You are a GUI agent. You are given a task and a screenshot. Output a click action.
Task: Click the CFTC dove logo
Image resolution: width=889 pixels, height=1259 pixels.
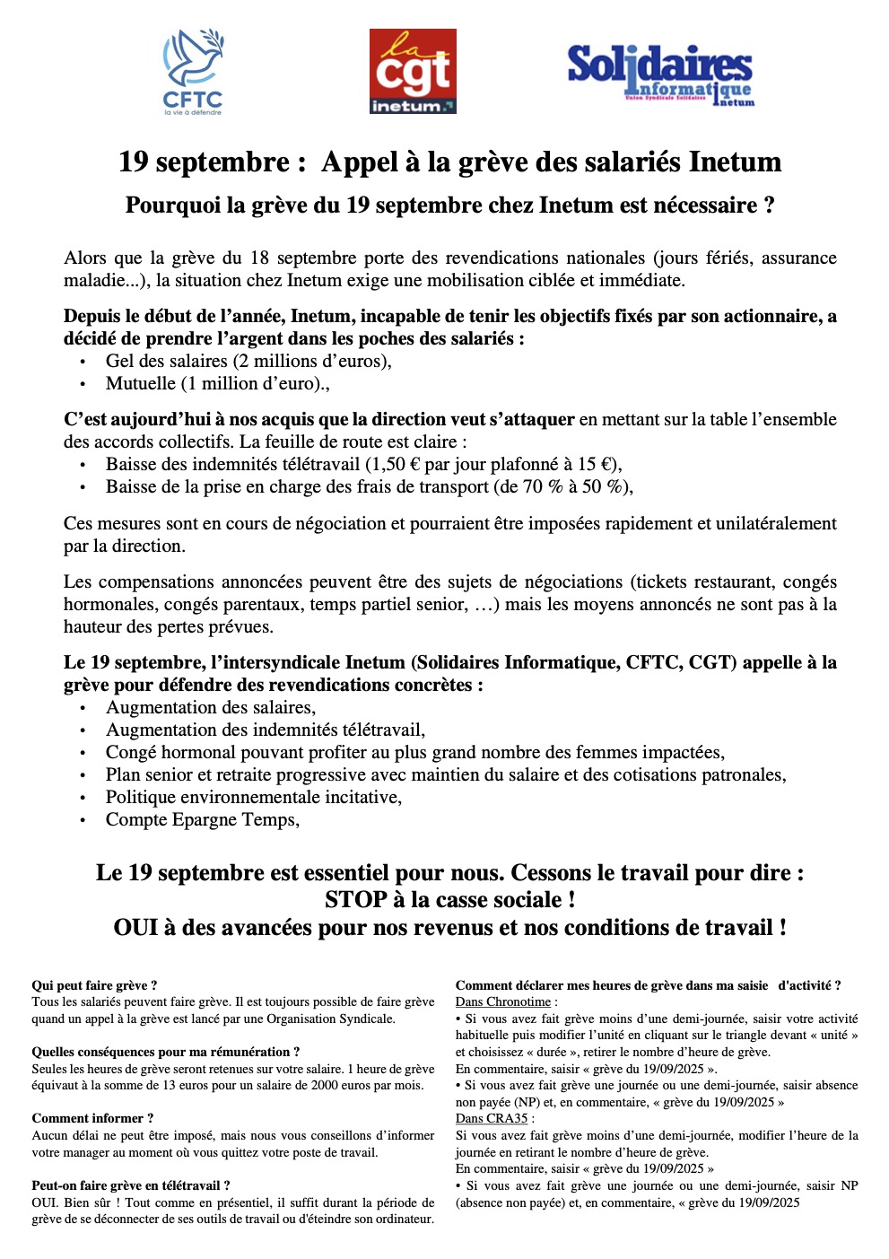[193, 71]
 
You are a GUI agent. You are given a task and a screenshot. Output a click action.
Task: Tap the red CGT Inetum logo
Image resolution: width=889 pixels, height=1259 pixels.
[413, 71]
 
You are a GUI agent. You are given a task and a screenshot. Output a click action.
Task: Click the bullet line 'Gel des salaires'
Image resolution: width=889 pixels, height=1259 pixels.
[248, 361]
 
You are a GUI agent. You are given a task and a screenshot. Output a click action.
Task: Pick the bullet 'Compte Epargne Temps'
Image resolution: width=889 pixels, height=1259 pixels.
[202, 819]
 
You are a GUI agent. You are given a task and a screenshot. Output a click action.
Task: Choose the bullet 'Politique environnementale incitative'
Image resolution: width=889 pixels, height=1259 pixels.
[253, 797]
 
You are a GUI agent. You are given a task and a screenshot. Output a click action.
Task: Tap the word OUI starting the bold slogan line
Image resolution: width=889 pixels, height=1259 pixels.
[135, 927]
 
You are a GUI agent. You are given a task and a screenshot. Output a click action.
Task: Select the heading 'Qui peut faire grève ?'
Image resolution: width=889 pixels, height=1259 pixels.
[94, 985]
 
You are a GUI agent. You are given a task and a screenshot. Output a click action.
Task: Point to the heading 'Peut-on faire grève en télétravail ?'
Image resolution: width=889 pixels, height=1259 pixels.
[131, 1185]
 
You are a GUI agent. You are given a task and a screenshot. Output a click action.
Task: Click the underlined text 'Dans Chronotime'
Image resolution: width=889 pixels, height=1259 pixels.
[503, 1001]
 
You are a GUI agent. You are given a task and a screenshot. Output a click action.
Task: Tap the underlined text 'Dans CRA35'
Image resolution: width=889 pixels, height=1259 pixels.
[492, 1118]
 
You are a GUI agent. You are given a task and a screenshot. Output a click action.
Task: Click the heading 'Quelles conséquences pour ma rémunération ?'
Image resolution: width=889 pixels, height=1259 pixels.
[166, 1052]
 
